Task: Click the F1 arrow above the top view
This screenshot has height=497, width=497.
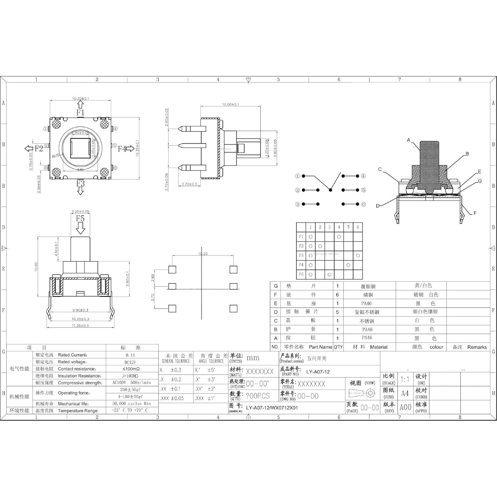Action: click(81, 105)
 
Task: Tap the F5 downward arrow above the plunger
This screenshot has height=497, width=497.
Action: click(80, 228)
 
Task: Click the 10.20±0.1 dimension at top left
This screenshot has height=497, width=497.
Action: click(80, 99)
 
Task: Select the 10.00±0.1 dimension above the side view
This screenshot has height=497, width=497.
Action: click(231, 105)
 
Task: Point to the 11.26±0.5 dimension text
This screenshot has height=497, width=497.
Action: click(80, 326)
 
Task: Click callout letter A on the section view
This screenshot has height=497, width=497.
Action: click(409, 140)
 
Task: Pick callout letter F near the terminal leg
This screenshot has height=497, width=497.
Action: click(475, 213)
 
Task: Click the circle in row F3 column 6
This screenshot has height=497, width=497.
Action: click(358, 255)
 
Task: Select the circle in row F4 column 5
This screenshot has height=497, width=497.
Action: click(348, 265)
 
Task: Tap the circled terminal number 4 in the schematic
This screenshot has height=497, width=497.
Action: click(363, 176)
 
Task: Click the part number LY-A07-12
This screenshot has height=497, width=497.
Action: click(318, 372)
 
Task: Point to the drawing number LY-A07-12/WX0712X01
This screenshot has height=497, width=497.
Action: click(272, 408)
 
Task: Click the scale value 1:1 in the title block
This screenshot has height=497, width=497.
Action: click(405, 379)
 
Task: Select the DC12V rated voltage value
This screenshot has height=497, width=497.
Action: click(130, 362)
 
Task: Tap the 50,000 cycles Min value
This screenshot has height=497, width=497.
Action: click(131, 404)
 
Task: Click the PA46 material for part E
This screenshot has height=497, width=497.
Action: click(366, 304)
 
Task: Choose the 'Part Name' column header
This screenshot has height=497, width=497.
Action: click(320, 347)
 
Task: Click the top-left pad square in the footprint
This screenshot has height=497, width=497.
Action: click(172, 269)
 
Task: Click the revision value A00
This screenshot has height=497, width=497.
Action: click(405, 407)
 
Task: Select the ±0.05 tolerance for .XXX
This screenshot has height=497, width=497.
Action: click(177, 398)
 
